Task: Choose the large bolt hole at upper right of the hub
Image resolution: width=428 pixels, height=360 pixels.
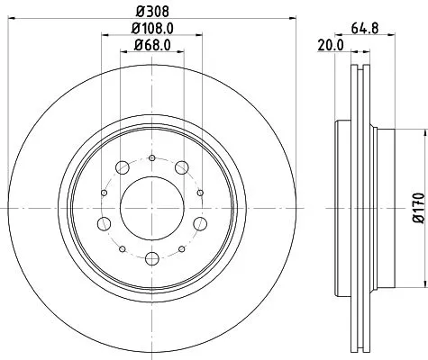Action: tap(181, 166)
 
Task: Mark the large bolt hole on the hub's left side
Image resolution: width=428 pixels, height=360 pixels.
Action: tap(105, 223)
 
